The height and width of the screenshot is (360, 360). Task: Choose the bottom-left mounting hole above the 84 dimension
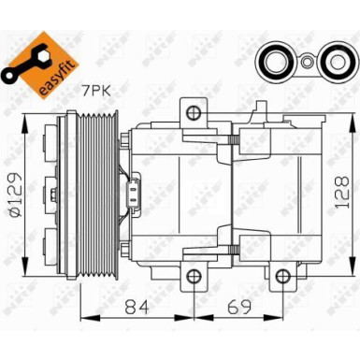(194, 277)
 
